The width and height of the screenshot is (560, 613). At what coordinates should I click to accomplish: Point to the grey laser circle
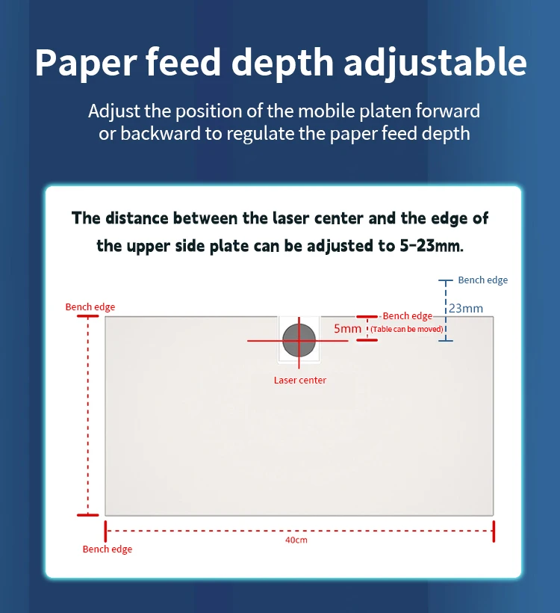click(x=299, y=341)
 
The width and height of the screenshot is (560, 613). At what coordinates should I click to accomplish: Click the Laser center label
click(x=299, y=381)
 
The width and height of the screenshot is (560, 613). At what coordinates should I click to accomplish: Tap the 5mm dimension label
click(x=347, y=328)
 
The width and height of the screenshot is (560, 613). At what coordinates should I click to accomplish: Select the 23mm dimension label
click(x=466, y=308)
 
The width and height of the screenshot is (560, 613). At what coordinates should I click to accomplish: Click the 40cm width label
click(x=296, y=540)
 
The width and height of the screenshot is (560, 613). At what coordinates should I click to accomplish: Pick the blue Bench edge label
click(x=482, y=280)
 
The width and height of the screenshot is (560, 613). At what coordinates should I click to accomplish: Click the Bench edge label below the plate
click(x=108, y=549)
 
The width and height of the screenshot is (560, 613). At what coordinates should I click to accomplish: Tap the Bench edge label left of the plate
click(x=90, y=307)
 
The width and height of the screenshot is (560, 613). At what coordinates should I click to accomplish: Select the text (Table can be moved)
click(x=408, y=329)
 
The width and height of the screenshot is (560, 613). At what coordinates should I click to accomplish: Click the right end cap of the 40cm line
click(x=494, y=532)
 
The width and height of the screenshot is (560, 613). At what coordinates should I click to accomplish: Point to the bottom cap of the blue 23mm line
click(x=446, y=341)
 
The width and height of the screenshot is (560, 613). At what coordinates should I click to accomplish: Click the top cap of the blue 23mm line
click(x=446, y=281)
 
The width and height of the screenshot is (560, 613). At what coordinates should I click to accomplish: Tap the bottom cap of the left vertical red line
click(x=87, y=515)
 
